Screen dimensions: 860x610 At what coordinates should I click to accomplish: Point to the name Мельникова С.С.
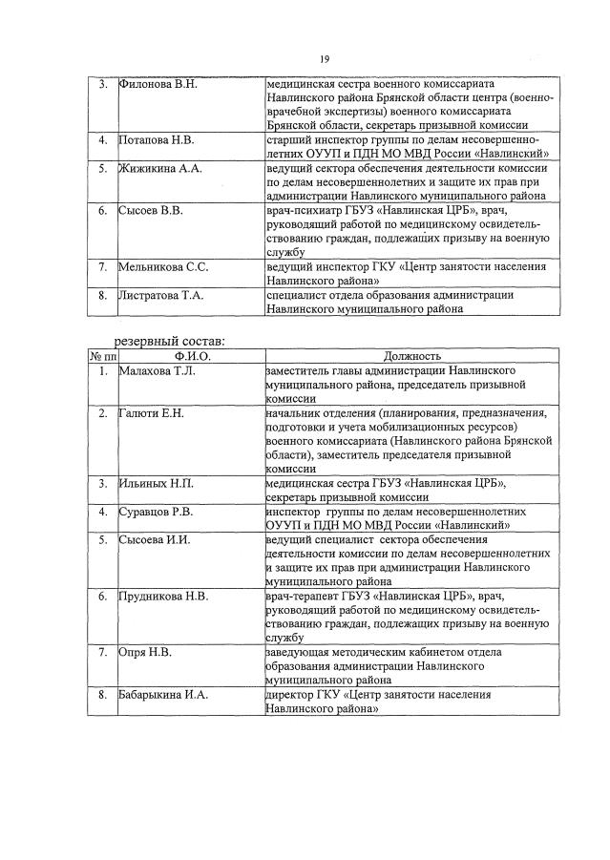[x=163, y=267]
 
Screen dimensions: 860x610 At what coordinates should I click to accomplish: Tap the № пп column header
[x=101, y=356]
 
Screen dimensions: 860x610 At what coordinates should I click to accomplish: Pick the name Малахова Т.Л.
[x=158, y=370]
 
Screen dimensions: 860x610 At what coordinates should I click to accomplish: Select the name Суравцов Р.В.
[x=156, y=512]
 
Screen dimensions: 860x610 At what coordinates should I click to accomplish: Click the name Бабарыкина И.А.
[x=163, y=694]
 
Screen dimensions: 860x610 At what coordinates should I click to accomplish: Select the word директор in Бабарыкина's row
[x=289, y=694]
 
